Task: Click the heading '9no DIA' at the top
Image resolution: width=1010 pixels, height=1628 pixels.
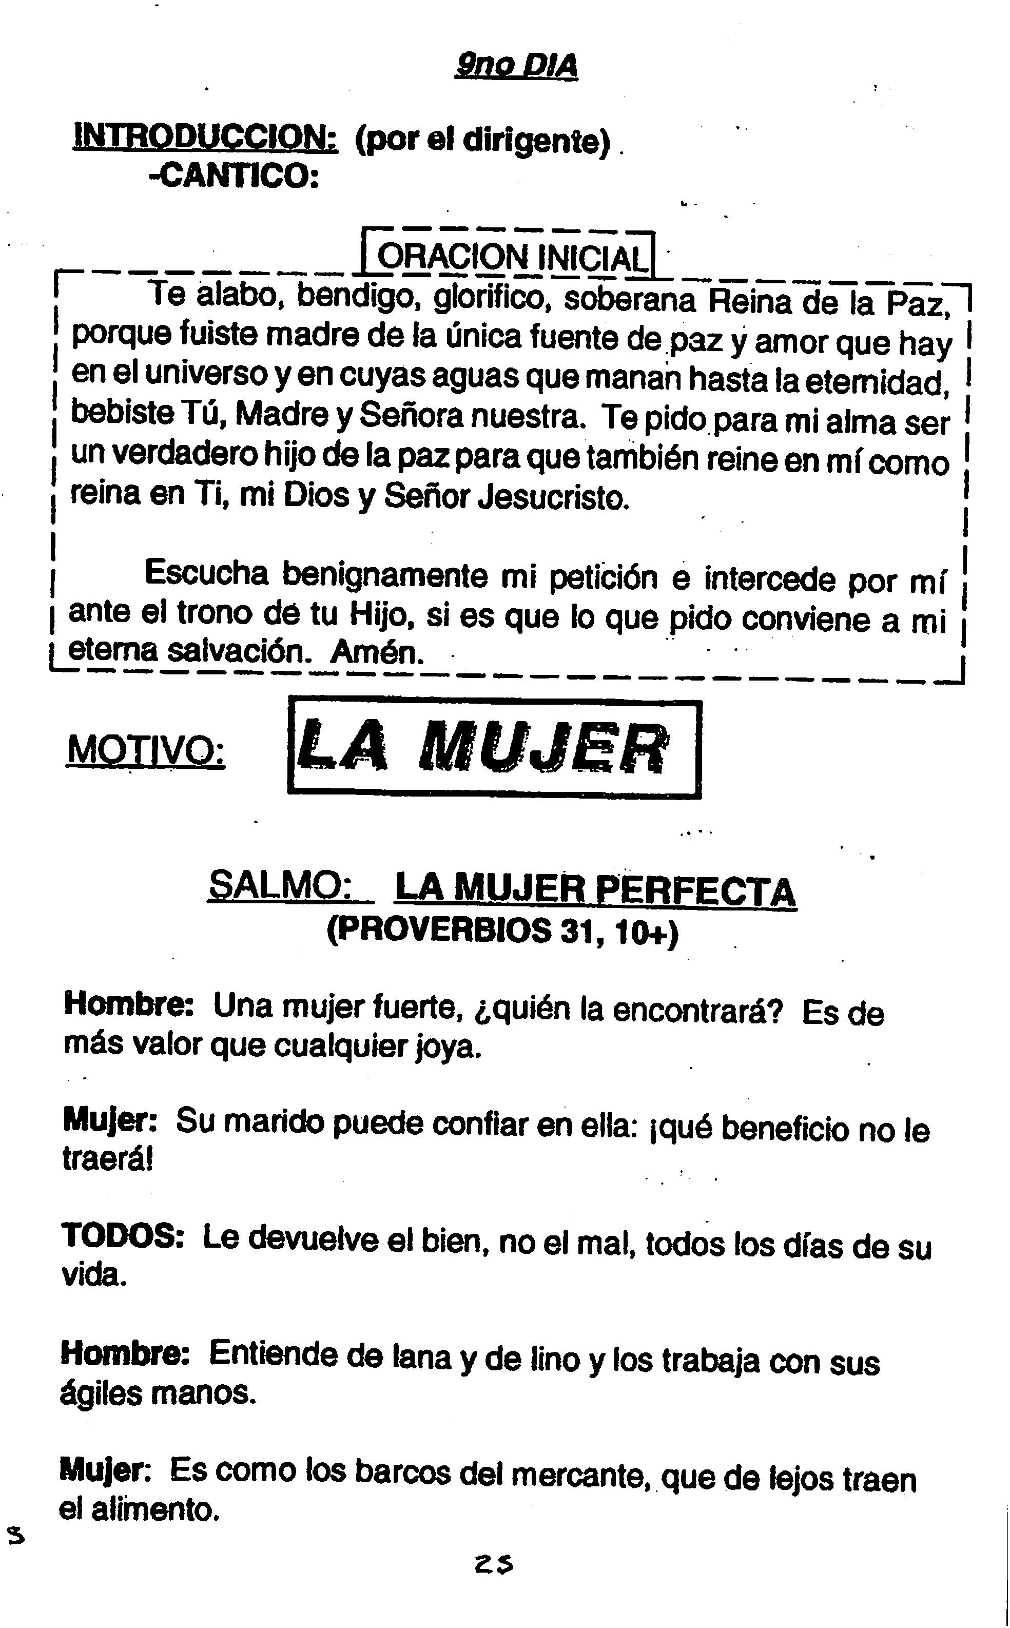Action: point(516,66)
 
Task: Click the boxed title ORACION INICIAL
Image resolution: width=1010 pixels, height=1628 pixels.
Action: point(512,257)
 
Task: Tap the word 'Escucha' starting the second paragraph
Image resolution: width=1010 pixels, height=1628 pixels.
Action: point(206,573)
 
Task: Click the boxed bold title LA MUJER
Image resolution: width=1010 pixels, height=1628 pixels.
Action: point(494,747)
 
